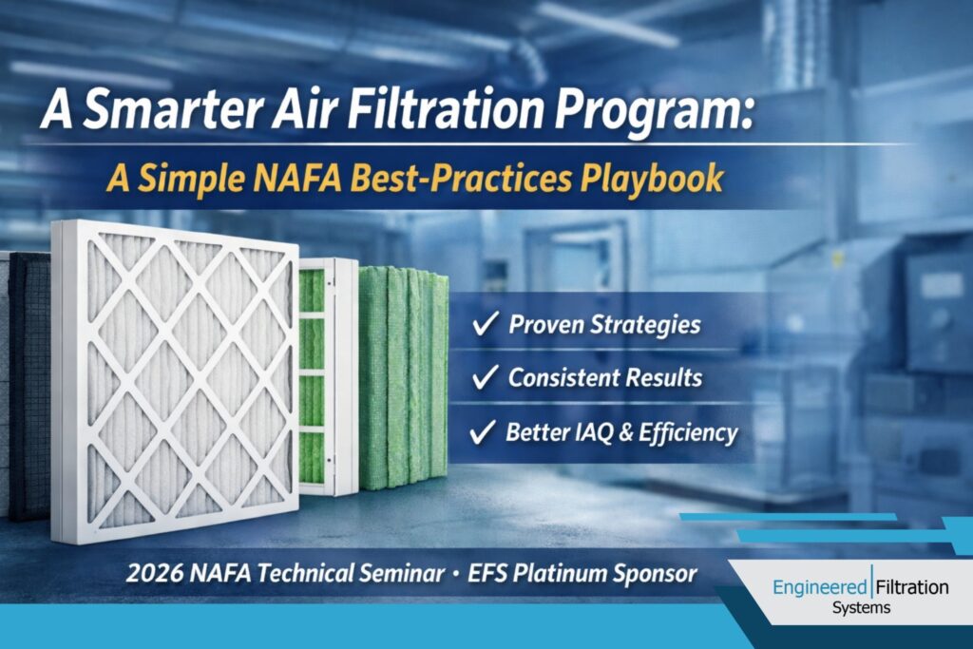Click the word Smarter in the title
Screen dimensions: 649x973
145,116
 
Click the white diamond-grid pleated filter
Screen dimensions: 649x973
177,380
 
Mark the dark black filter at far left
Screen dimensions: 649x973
29,380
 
